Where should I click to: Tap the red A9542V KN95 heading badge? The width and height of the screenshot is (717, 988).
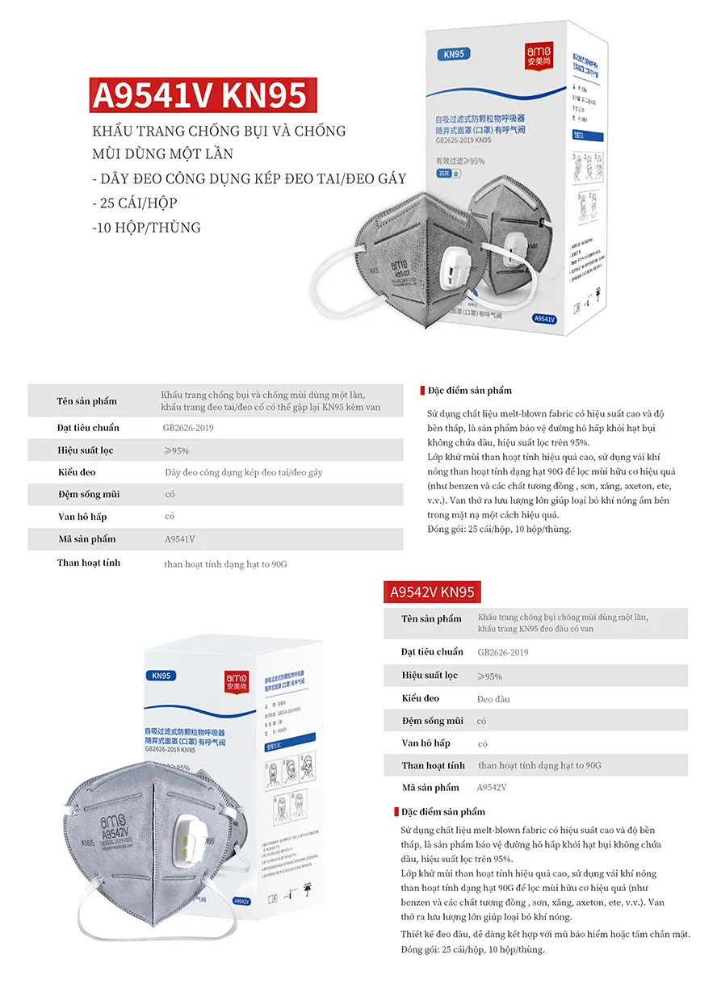(x=431, y=592)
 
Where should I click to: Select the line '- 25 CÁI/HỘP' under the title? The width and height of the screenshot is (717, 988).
(x=135, y=203)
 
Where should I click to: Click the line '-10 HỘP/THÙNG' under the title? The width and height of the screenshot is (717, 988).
(x=146, y=227)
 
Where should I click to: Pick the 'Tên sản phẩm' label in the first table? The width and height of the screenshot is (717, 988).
(x=86, y=401)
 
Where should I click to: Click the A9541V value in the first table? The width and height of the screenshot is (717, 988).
(x=179, y=539)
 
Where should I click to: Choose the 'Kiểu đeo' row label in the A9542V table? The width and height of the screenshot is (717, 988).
(x=421, y=698)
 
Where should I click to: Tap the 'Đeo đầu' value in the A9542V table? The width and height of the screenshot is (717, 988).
(x=493, y=699)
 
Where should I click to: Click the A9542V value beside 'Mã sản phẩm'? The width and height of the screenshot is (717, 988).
(x=492, y=788)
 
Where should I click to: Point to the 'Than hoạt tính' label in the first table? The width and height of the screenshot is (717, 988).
(x=88, y=563)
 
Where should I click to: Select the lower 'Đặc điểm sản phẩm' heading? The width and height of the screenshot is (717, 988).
(x=444, y=811)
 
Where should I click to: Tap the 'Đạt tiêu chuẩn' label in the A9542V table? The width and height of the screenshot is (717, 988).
(x=432, y=651)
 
